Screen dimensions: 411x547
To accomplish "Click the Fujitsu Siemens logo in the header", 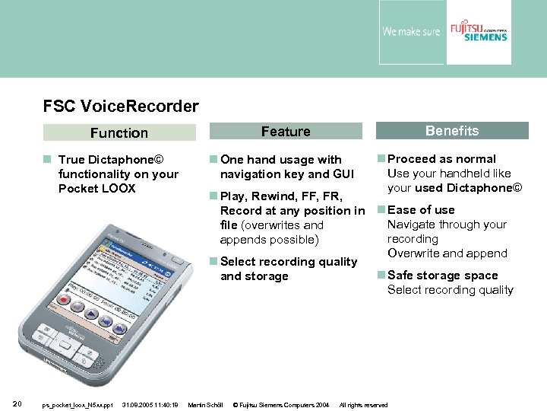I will pos(479,31).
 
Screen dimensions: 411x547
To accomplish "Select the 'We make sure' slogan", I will pos(411,32).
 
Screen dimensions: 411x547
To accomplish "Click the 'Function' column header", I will pos(119,133).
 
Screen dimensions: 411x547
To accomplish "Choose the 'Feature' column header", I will pos(286,132).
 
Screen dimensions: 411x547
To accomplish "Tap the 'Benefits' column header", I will pos(452,131).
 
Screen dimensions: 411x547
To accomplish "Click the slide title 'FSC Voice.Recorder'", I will pos(121,107).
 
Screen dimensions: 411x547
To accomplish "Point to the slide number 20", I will pos(17,403).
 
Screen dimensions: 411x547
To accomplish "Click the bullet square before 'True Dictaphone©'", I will pos(48,160).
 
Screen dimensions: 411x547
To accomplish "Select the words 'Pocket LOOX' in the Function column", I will pos(96,188).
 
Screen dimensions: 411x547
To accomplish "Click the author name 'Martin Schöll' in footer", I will pos(205,405).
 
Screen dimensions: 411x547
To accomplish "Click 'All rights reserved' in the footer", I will pos(363,405).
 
